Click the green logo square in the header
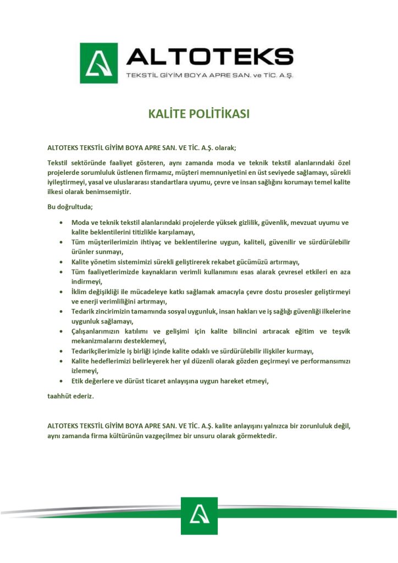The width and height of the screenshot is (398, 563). (99, 63)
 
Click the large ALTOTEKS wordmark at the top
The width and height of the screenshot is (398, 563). (209, 57)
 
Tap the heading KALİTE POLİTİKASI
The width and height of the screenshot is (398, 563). (199, 114)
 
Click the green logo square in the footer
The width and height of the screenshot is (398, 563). (199, 515)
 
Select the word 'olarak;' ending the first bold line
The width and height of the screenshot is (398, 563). (225, 147)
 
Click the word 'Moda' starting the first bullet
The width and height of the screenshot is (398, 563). (81, 222)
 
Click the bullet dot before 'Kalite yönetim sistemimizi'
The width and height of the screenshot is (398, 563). (60, 262)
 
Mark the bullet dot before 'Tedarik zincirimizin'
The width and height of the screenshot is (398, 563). (60, 312)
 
